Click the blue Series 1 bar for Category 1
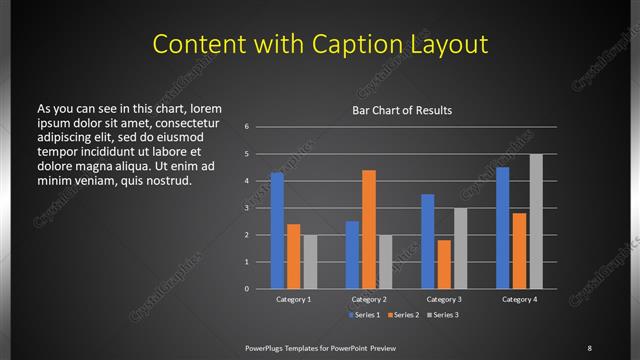click(277, 230)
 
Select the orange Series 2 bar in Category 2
click(369, 229)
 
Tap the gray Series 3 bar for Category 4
click(536, 221)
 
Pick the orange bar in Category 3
click(444, 264)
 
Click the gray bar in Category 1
click(310, 261)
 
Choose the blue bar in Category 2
click(352, 254)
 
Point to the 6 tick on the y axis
click(247, 127)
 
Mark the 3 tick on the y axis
click(247, 208)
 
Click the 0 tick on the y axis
click(247, 289)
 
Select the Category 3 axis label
click(444, 299)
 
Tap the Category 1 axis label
click(293, 299)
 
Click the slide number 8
click(589, 347)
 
